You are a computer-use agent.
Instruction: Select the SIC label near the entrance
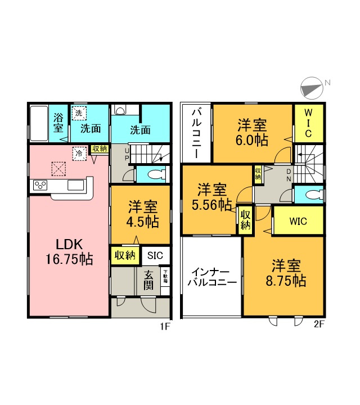click(155, 255)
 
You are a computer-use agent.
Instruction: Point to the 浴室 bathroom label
click(58, 123)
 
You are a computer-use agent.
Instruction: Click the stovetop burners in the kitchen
click(41, 185)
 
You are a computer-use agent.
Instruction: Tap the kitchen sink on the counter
click(75, 185)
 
